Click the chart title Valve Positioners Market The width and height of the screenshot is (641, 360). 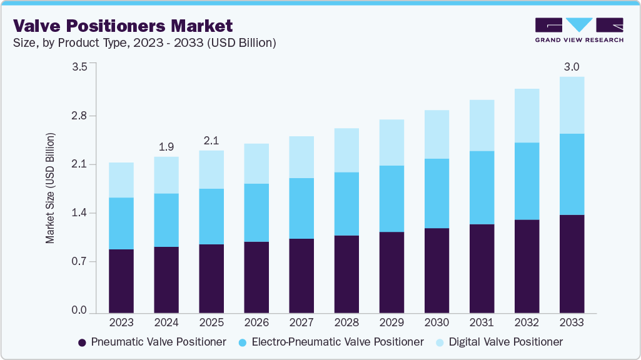[123, 26]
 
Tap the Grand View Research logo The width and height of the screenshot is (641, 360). [579, 30]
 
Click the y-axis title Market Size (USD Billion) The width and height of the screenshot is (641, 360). [51, 188]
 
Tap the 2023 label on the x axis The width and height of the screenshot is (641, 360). [121, 323]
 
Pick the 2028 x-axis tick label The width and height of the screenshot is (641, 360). [346, 323]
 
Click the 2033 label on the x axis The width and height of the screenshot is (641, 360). [572, 323]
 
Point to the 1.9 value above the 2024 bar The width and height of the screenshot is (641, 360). [166, 147]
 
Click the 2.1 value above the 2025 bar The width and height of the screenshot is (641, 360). [211, 141]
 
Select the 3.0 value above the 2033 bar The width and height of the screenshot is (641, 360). [572, 67]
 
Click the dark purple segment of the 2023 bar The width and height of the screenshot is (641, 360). [121, 281]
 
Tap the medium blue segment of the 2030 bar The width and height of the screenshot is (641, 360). [437, 193]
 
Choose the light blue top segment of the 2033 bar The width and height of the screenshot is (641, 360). [572, 105]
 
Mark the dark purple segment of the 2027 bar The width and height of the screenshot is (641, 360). [301, 275]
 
